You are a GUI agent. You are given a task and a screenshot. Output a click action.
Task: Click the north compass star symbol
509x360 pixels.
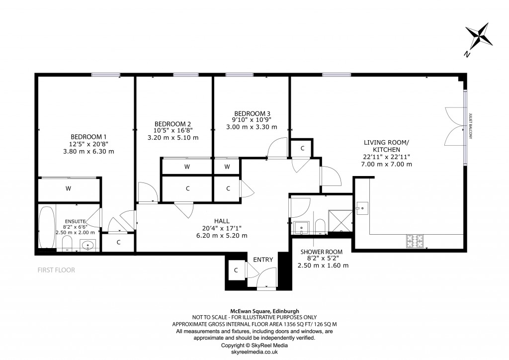(480, 37)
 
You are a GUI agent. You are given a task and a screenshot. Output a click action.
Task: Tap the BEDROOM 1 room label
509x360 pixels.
(88, 137)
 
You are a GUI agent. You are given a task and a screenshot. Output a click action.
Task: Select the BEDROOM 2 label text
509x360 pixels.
(172, 124)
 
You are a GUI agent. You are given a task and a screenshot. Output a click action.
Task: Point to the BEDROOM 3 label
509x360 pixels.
(253, 113)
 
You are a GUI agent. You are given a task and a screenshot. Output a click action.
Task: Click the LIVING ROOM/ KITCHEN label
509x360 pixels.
(386, 146)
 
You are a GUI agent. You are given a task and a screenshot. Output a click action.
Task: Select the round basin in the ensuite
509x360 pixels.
(88, 245)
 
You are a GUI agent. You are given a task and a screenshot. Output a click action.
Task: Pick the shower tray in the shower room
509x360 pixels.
(341, 221)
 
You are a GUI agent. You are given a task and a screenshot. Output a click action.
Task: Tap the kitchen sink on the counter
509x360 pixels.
(362, 206)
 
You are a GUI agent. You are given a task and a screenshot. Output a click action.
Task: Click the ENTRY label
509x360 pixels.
(263, 260)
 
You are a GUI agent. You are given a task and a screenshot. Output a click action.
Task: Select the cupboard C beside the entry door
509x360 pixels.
(236, 270)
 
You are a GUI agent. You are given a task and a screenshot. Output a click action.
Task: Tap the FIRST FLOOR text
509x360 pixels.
(56, 270)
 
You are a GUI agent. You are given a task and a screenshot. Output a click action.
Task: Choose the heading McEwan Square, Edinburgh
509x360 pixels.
(254, 311)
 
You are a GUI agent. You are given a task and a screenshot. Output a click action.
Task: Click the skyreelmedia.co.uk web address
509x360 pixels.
(254, 352)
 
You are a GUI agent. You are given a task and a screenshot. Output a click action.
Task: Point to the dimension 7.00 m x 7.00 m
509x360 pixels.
(386, 164)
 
